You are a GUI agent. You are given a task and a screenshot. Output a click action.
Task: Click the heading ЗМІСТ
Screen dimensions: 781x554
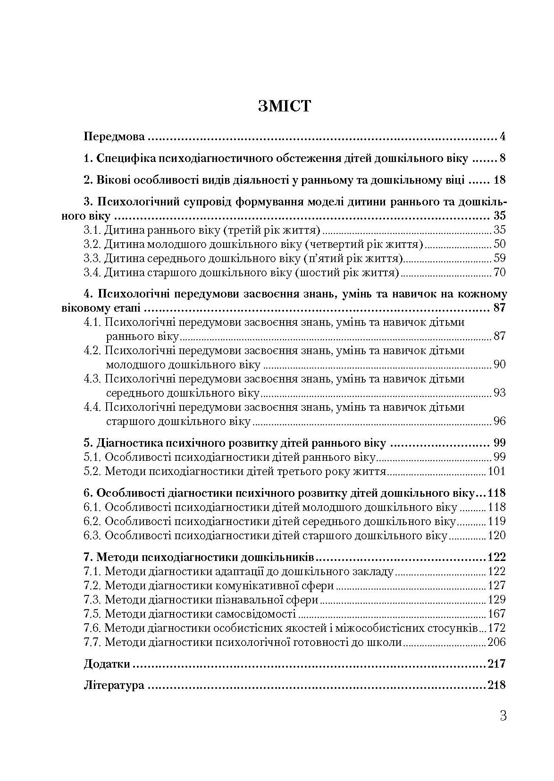[x=285, y=106]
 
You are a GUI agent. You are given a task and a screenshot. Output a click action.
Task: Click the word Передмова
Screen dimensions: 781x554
[x=114, y=137]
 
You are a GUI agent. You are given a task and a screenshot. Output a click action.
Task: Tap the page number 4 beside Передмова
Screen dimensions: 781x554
[x=503, y=137]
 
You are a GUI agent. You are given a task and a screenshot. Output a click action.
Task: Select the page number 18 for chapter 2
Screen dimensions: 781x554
[x=499, y=180]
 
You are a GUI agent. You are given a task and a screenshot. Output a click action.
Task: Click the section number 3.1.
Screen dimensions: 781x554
[x=92, y=230]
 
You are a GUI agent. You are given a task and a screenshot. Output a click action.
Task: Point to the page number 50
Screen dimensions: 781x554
[x=499, y=245]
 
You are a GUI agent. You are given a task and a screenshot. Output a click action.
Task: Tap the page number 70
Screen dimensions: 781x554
[x=499, y=273]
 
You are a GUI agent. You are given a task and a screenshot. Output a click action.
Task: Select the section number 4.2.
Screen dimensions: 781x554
[x=92, y=350]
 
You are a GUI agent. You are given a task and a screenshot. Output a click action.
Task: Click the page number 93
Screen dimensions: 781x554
[x=499, y=393]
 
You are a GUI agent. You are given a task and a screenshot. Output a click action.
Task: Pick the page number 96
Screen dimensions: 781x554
[x=499, y=421]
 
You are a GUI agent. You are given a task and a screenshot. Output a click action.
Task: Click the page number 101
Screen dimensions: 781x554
[x=496, y=471]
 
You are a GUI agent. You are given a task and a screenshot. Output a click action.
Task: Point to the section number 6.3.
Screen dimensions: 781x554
[x=92, y=535]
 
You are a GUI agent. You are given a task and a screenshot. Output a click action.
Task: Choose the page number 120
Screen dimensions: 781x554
[x=496, y=535]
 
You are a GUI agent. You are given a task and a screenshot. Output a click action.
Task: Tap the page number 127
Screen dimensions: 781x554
[x=496, y=586]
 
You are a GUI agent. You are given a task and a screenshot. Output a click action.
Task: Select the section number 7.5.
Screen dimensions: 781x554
[x=92, y=614]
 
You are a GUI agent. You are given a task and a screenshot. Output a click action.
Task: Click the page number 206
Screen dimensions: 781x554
[x=496, y=642]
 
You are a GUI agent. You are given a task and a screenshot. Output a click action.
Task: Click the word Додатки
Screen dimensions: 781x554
[x=107, y=664]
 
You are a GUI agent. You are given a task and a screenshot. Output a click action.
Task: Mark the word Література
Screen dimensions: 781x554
[x=114, y=685]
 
